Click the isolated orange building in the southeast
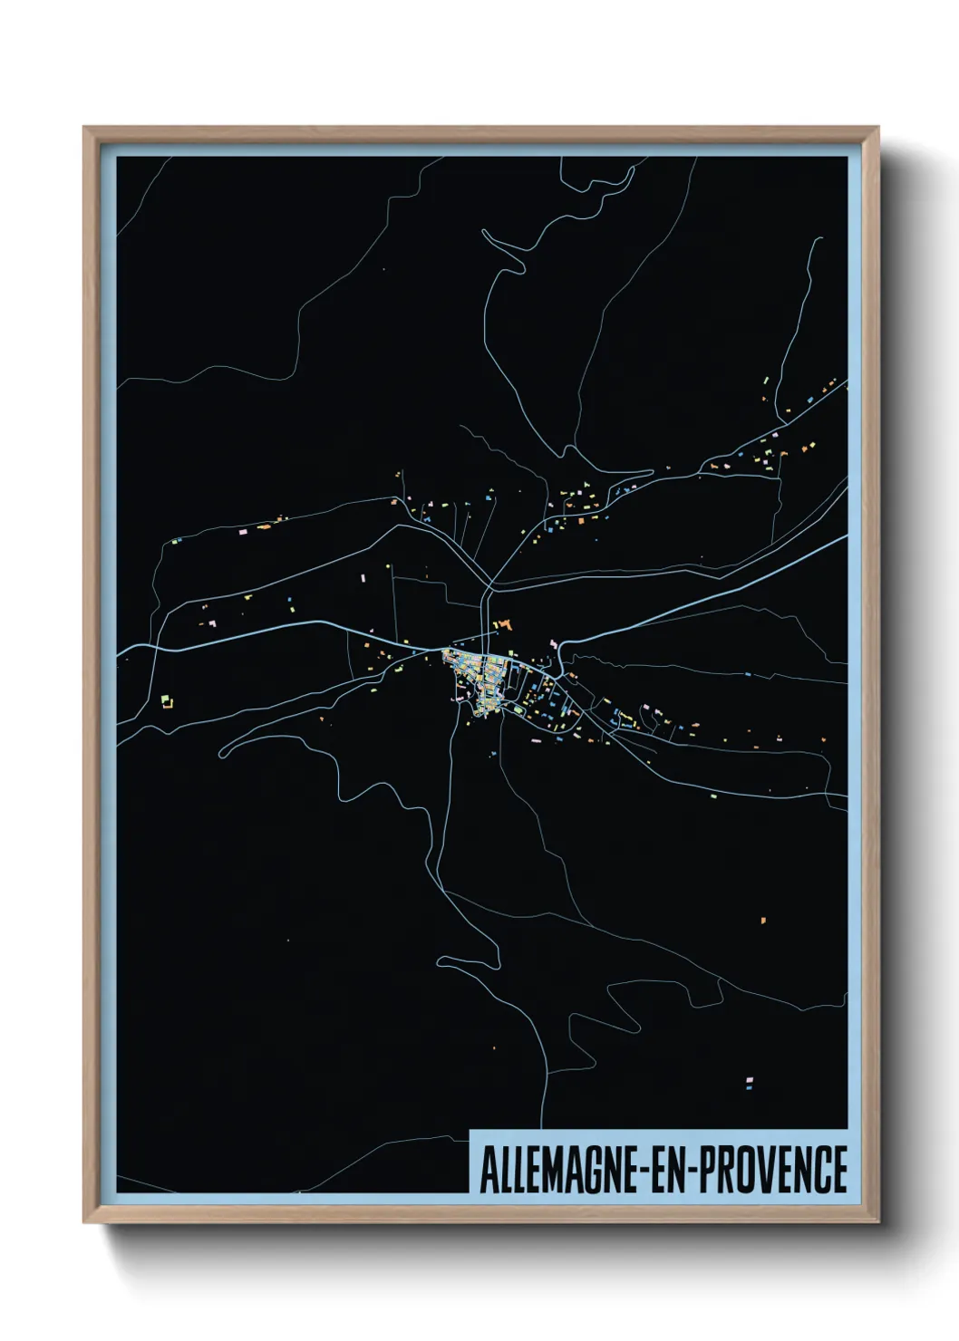[763, 921]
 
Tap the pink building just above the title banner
[749, 1082]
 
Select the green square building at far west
[166, 700]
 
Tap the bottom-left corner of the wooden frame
[85, 1221]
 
